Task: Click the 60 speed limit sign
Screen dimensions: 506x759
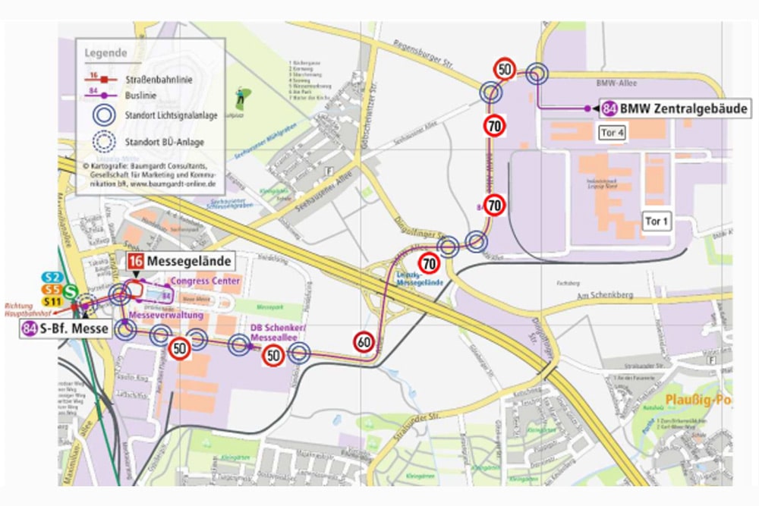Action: point(364,343)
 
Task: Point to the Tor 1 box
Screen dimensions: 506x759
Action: point(657,222)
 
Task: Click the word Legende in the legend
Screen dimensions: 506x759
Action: point(106,54)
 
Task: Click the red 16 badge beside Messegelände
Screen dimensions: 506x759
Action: point(136,262)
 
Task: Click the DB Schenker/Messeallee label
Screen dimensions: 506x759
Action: point(276,332)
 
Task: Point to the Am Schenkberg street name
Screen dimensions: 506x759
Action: point(600,295)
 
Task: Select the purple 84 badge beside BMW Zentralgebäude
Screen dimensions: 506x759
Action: point(609,108)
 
